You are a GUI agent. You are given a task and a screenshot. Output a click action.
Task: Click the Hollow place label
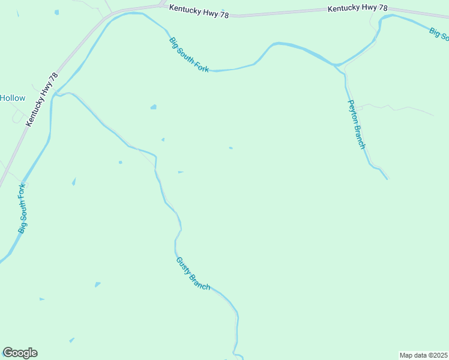tap(13, 98)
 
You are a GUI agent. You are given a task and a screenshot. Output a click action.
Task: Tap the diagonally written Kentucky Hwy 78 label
tap(41, 100)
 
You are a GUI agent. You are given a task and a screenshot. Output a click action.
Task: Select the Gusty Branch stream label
tap(193, 274)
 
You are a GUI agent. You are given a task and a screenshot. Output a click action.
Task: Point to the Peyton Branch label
tap(357, 124)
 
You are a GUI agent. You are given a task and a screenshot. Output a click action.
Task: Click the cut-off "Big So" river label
tap(439, 33)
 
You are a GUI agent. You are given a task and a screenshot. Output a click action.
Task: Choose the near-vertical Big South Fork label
tap(23, 209)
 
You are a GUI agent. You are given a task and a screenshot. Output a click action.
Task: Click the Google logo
tap(20, 353)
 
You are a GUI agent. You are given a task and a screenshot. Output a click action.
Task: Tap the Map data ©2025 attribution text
tap(423, 355)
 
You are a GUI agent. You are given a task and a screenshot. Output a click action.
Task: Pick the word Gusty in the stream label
tap(183, 265)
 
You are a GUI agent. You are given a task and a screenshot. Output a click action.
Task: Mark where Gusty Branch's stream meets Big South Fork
tap(55, 95)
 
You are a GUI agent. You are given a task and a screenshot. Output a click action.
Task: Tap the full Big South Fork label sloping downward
tap(189, 55)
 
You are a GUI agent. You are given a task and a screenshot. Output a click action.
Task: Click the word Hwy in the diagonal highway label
tap(46, 92)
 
